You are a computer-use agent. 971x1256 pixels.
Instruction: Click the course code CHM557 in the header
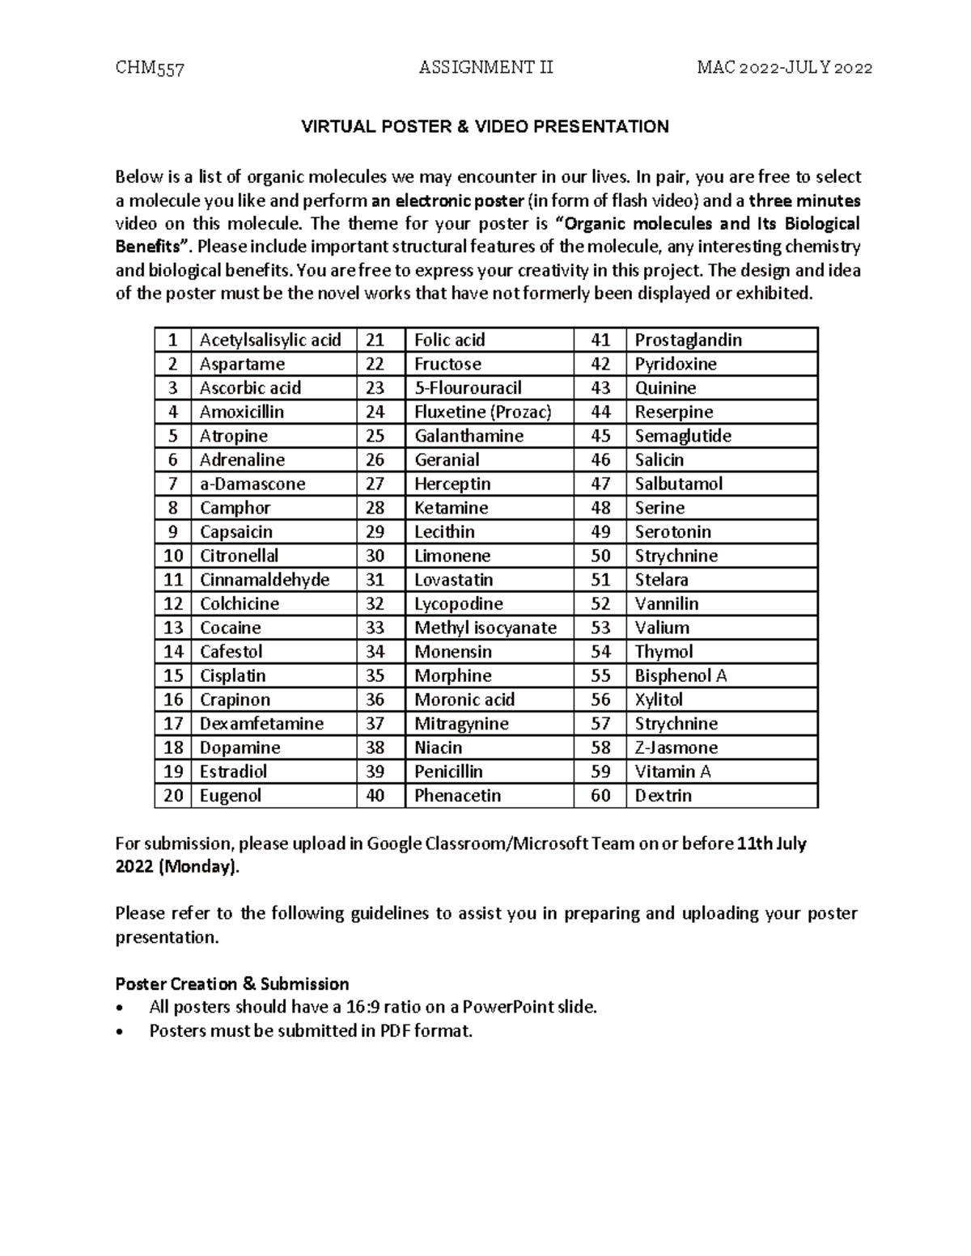tap(150, 68)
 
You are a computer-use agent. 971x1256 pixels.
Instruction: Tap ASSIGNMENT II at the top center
tap(485, 68)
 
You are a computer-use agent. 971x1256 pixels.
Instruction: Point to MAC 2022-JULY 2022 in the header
tap(784, 68)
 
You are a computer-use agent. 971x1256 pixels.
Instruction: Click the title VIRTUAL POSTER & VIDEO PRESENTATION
tap(485, 127)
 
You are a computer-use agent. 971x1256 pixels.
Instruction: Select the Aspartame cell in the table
tap(242, 364)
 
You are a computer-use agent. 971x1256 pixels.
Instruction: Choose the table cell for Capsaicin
tap(235, 532)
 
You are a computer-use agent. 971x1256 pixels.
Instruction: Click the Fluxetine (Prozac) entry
tap(482, 412)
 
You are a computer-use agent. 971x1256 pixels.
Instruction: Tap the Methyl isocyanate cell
tap(485, 628)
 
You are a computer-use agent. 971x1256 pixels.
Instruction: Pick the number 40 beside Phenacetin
tap(375, 796)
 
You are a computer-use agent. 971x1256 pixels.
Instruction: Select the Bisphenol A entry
tap(681, 676)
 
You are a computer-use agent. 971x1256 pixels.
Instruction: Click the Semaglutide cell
tap(683, 436)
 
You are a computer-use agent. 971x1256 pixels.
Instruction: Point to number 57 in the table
tap(600, 724)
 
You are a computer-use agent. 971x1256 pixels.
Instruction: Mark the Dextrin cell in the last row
tap(663, 796)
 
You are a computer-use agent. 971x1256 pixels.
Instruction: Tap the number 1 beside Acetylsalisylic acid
tap(172, 340)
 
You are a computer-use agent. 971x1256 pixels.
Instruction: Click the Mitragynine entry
tap(461, 724)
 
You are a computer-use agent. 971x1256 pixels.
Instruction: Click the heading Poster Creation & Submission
tap(232, 984)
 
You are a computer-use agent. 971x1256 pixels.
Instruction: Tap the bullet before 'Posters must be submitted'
tap(121, 1032)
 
